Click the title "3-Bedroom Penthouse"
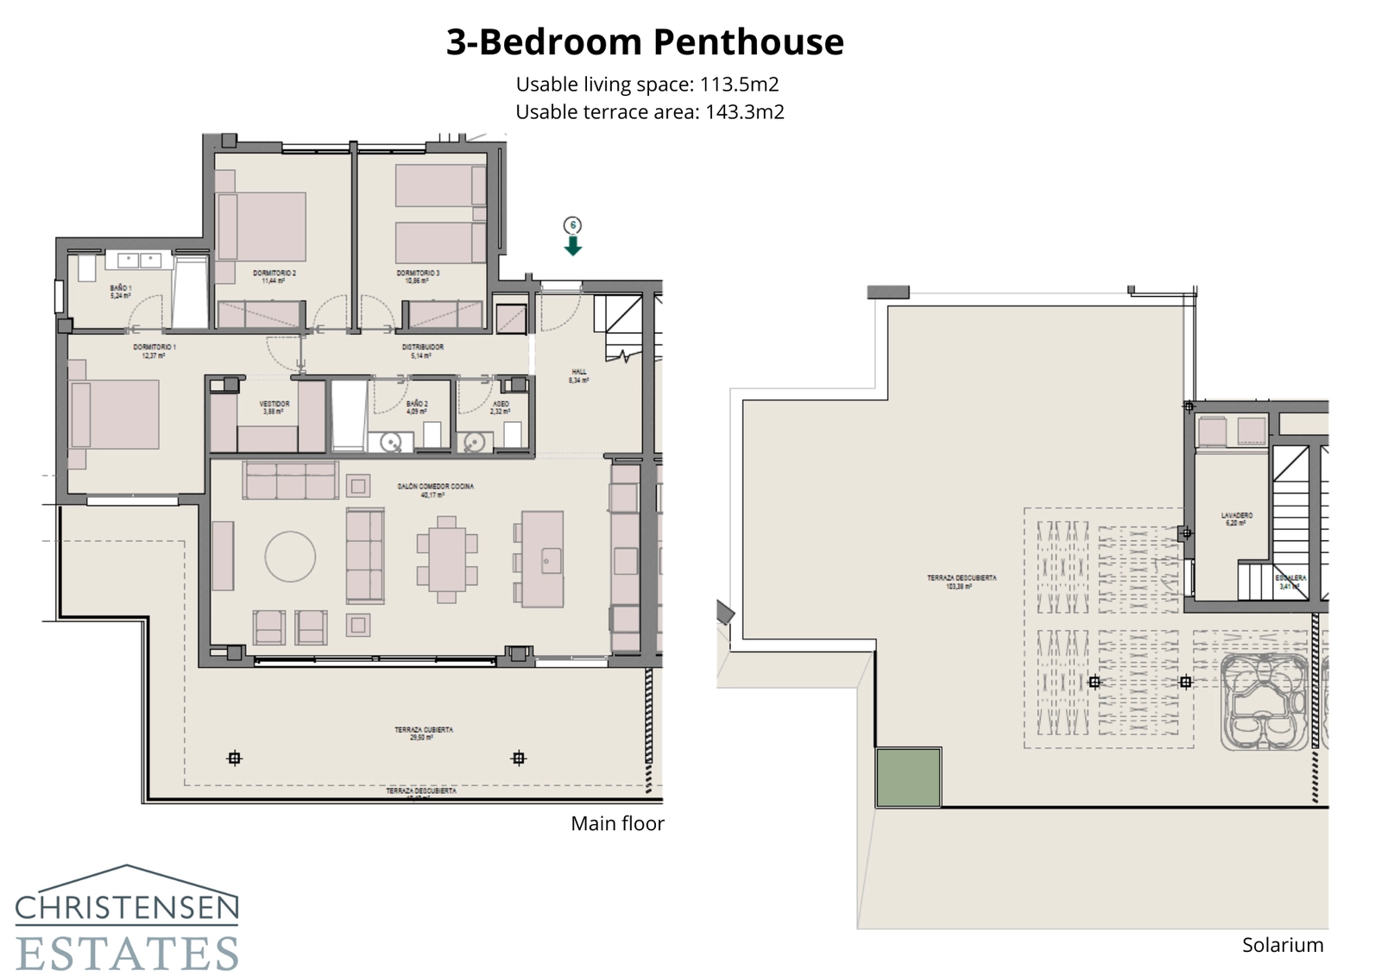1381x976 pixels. tap(644, 42)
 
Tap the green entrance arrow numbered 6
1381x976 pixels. tap(572, 246)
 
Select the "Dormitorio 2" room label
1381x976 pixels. tap(274, 276)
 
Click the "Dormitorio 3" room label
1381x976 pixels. tap(418, 276)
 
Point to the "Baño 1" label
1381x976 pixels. tap(121, 291)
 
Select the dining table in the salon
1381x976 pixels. tap(446, 558)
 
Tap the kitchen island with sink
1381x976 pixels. tap(542, 558)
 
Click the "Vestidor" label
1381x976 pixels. tap(274, 407)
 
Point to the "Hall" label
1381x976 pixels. tap(578, 375)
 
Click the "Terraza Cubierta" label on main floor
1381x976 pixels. tap(424, 733)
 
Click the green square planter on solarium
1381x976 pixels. tap(908, 778)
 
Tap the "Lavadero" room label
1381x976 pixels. tap(1236, 518)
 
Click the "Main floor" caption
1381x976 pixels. tap(617, 823)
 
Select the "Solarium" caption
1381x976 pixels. tap(1282, 945)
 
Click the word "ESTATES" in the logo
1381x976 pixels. tap(127, 953)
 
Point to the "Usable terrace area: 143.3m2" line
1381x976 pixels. tap(649, 112)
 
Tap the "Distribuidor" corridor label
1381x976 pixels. tap(422, 350)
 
